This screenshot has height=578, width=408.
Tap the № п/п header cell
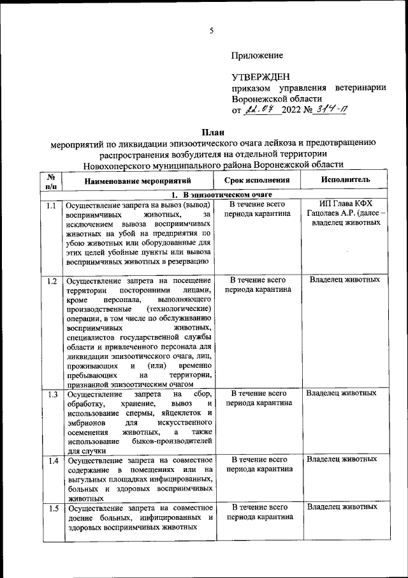click(50, 181)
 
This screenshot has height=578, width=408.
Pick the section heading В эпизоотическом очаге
click(222, 194)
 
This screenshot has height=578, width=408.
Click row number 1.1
click(52, 206)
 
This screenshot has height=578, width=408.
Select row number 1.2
click(52, 281)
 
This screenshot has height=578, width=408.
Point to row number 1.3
click(52, 394)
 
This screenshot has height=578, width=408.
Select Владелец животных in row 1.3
click(343, 393)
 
